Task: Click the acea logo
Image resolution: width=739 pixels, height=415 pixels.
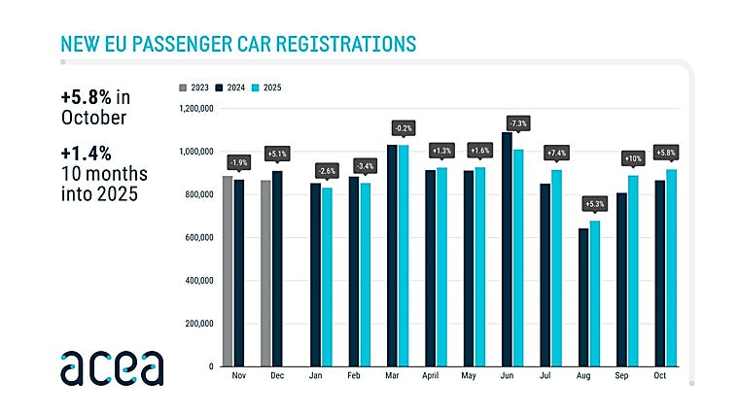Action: [x=112, y=367]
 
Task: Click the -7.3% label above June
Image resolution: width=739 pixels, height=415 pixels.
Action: [x=516, y=124]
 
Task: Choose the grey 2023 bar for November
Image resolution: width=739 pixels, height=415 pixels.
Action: [x=228, y=271]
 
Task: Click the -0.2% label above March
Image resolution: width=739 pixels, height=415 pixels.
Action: [x=403, y=127]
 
